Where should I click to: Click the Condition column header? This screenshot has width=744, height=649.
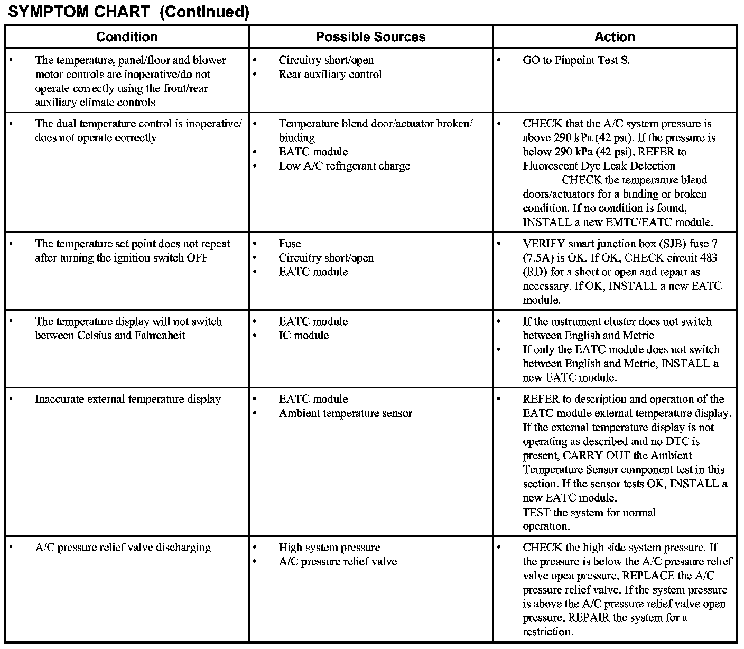click(127, 37)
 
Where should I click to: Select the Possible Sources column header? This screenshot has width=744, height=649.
click(370, 37)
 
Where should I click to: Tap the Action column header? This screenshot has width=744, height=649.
click(615, 37)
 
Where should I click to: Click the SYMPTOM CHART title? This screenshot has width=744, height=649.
click(128, 12)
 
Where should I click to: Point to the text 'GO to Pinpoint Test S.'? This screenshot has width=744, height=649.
click(576, 60)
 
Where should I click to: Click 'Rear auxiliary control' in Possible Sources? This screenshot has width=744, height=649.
click(330, 75)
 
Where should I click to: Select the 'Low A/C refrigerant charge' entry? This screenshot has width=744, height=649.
click(344, 166)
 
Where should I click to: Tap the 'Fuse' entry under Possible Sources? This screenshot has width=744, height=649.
click(290, 244)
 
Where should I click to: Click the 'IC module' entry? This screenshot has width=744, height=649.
click(303, 336)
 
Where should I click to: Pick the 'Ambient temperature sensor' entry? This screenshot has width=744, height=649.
click(345, 413)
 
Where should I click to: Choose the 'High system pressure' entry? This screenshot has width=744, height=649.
click(329, 548)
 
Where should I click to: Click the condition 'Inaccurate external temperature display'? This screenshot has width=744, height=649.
click(128, 399)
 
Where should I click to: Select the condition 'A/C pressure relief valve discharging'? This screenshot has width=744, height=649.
click(123, 548)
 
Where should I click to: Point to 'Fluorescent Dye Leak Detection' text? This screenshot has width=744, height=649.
click(599, 166)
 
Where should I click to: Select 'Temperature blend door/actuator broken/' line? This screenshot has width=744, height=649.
click(376, 124)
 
